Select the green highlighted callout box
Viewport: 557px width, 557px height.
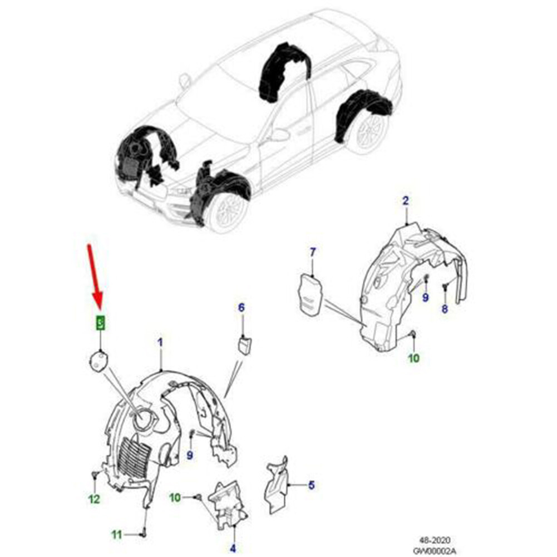coord(100,323)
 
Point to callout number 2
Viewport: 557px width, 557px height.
coord(406,201)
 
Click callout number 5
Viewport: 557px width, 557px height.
coord(311,485)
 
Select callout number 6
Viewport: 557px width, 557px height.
coord(241,307)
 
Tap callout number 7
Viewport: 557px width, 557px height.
coord(312,253)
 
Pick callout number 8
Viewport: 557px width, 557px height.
coord(444,310)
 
